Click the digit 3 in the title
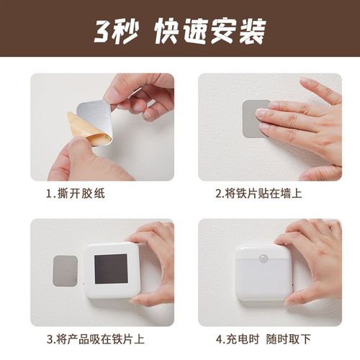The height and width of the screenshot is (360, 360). click(x=103, y=30)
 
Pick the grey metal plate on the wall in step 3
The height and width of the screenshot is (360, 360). click(x=66, y=270)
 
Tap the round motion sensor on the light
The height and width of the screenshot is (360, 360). click(x=263, y=256)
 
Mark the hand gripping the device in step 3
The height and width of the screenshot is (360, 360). click(x=155, y=259)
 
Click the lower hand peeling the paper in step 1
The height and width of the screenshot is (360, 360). click(x=79, y=162)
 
